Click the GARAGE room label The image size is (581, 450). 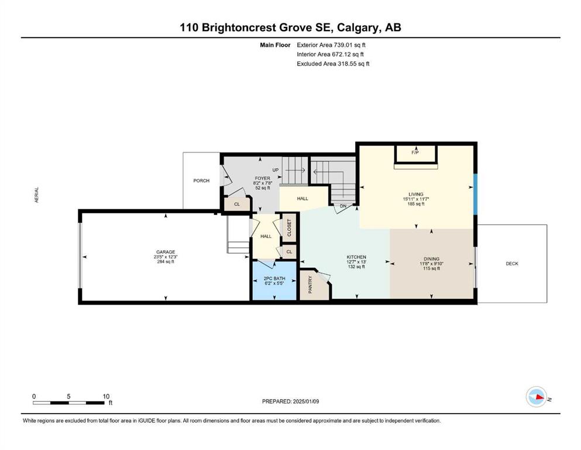165,252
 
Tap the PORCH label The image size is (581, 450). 201,180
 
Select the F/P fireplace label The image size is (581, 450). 415,152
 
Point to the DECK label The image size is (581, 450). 512,264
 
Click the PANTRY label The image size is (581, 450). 310,285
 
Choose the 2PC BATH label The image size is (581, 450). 274,278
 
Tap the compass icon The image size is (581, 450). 536,397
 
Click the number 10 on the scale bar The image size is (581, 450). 106,396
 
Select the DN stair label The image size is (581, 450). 343,206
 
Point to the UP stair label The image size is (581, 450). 276,170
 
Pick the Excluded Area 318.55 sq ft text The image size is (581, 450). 333,64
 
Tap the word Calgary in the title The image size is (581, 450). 358,28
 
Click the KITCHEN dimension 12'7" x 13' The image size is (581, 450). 356,262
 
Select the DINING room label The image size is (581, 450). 431,259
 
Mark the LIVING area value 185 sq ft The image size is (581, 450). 416,204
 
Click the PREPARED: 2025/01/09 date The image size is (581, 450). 290,401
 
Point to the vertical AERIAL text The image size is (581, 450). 37,195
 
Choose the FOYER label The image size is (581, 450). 262,179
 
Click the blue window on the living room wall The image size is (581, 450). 476,194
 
